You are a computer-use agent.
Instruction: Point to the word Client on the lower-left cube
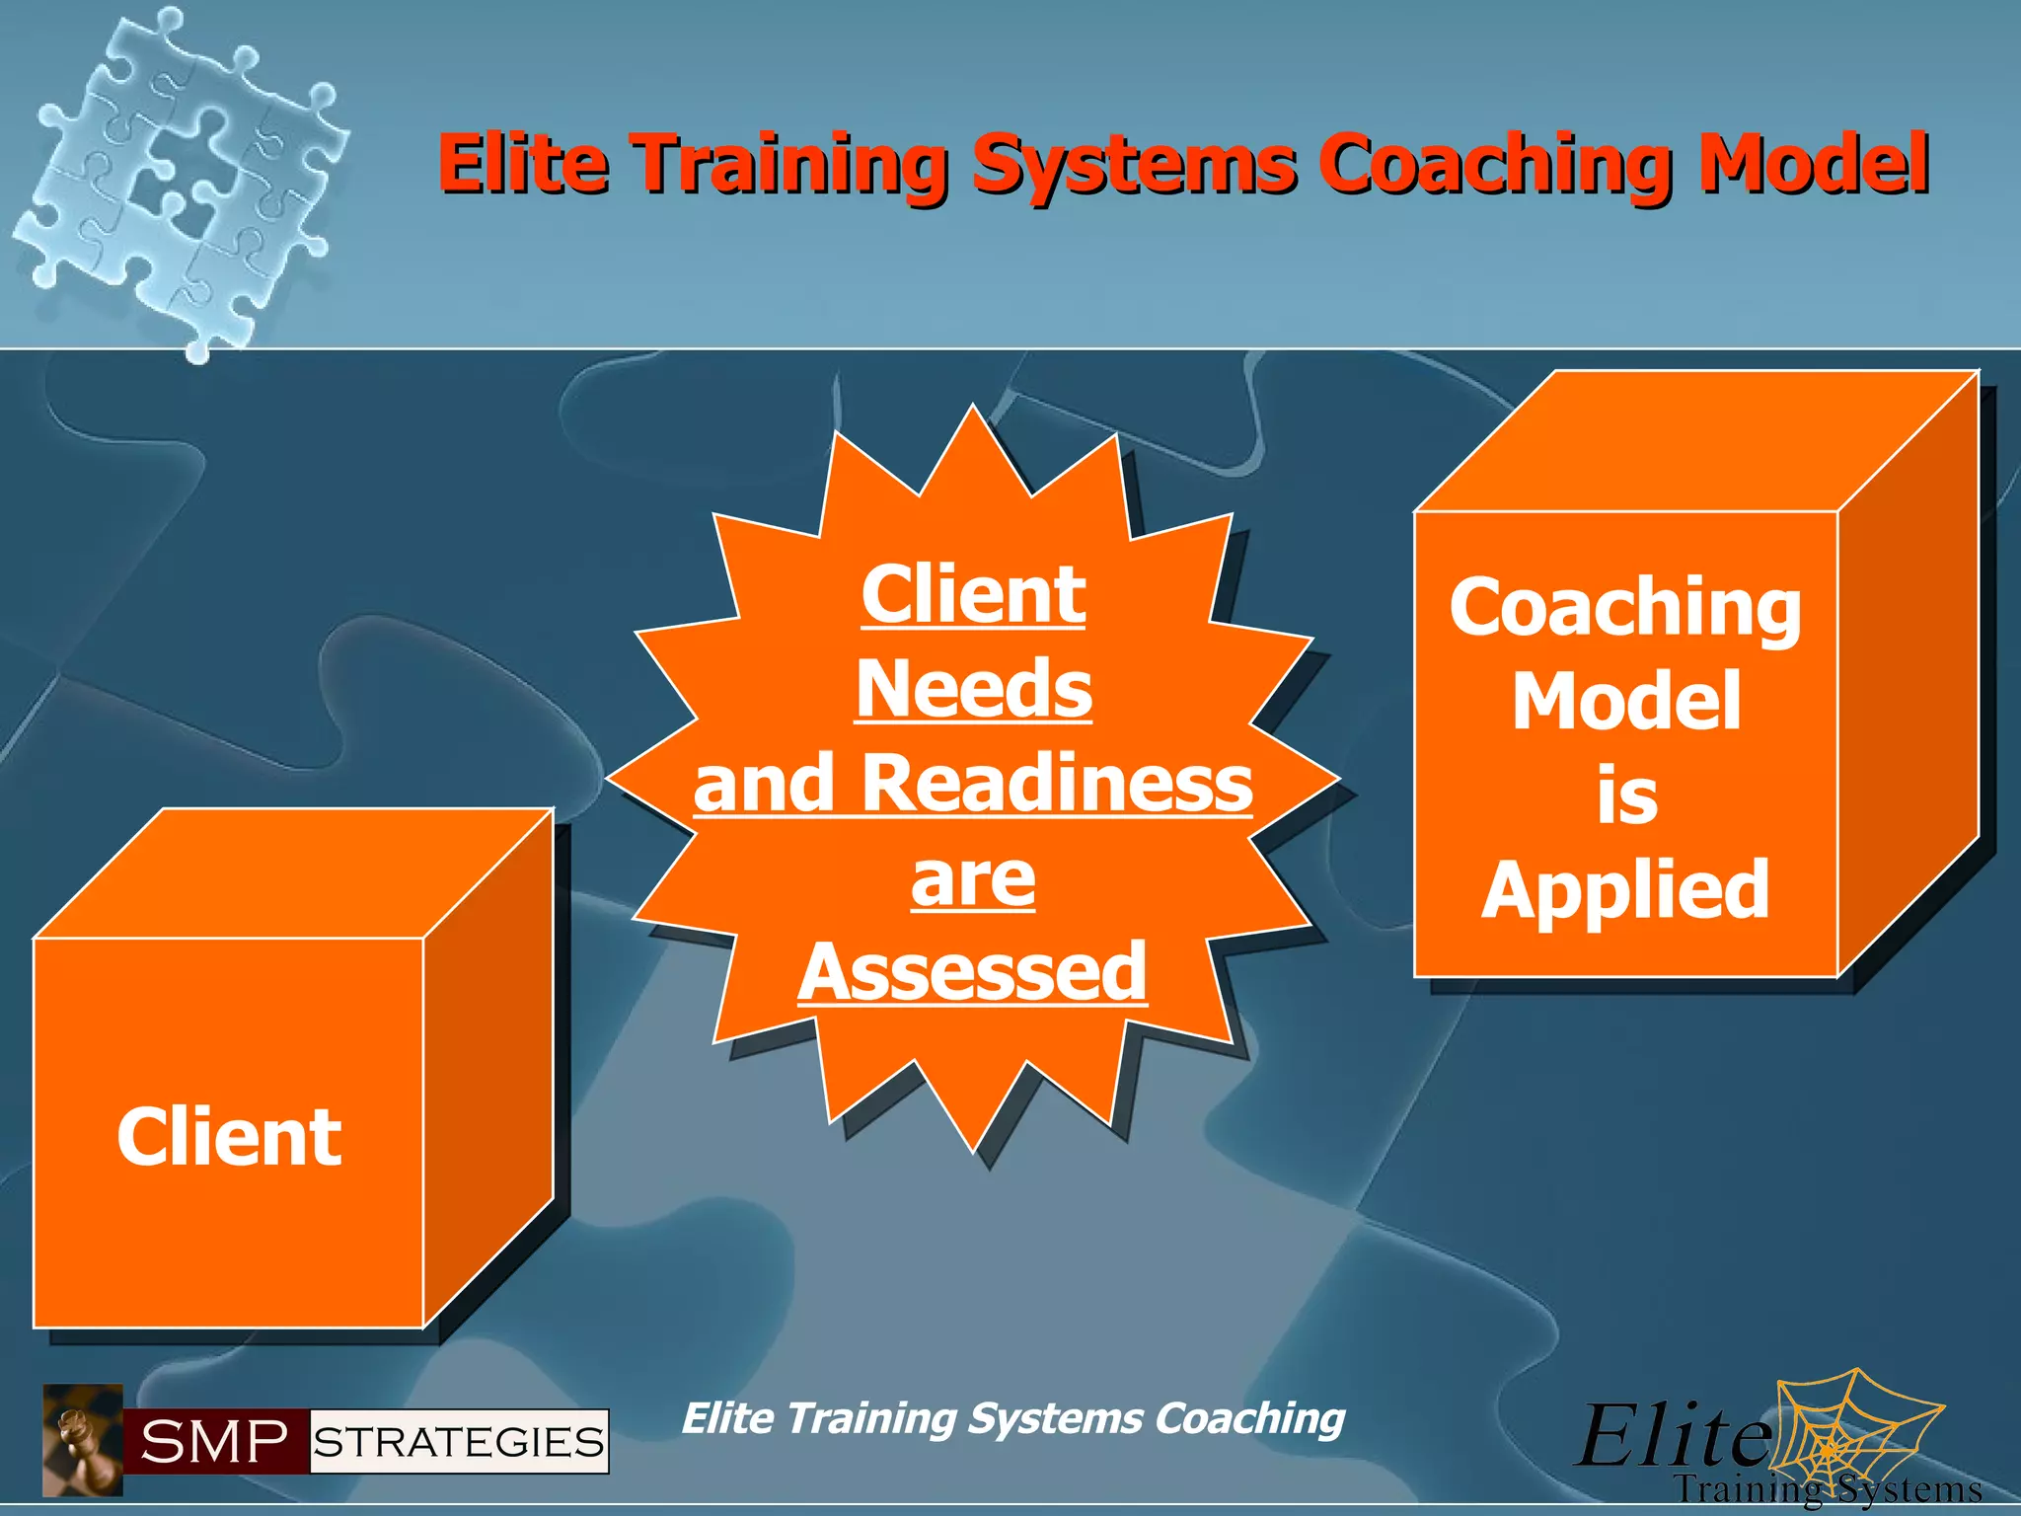(229, 1137)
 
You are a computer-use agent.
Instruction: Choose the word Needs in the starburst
(974, 688)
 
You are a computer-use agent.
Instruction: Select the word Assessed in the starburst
(973, 972)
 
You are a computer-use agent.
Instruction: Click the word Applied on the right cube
(1625, 889)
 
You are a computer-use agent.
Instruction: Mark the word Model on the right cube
(1626, 701)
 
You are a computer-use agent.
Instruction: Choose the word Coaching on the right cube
(1625, 608)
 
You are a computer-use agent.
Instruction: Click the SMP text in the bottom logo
(214, 1442)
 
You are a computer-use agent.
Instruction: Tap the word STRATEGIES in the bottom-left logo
(459, 1442)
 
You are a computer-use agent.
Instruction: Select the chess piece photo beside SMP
(82, 1440)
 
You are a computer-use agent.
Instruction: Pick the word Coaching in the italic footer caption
(1249, 1418)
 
